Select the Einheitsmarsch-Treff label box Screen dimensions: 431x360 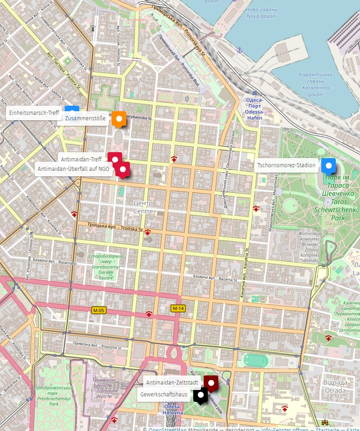[34, 113]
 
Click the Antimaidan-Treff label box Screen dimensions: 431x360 [81, 159]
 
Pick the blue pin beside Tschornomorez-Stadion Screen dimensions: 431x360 [328, 165]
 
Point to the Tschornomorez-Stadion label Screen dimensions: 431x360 [286, 165]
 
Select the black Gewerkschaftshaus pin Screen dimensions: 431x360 [200, 395]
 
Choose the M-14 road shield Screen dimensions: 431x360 [178, 308]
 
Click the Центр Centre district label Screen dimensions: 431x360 [143, 207]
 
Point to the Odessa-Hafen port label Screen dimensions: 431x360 [254, 109]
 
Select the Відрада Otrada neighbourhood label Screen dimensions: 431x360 [335, 386]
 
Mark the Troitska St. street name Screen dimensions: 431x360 [115, 227]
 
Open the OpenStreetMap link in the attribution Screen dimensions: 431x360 [167, 429]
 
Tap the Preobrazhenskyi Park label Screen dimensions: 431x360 [48, 396]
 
